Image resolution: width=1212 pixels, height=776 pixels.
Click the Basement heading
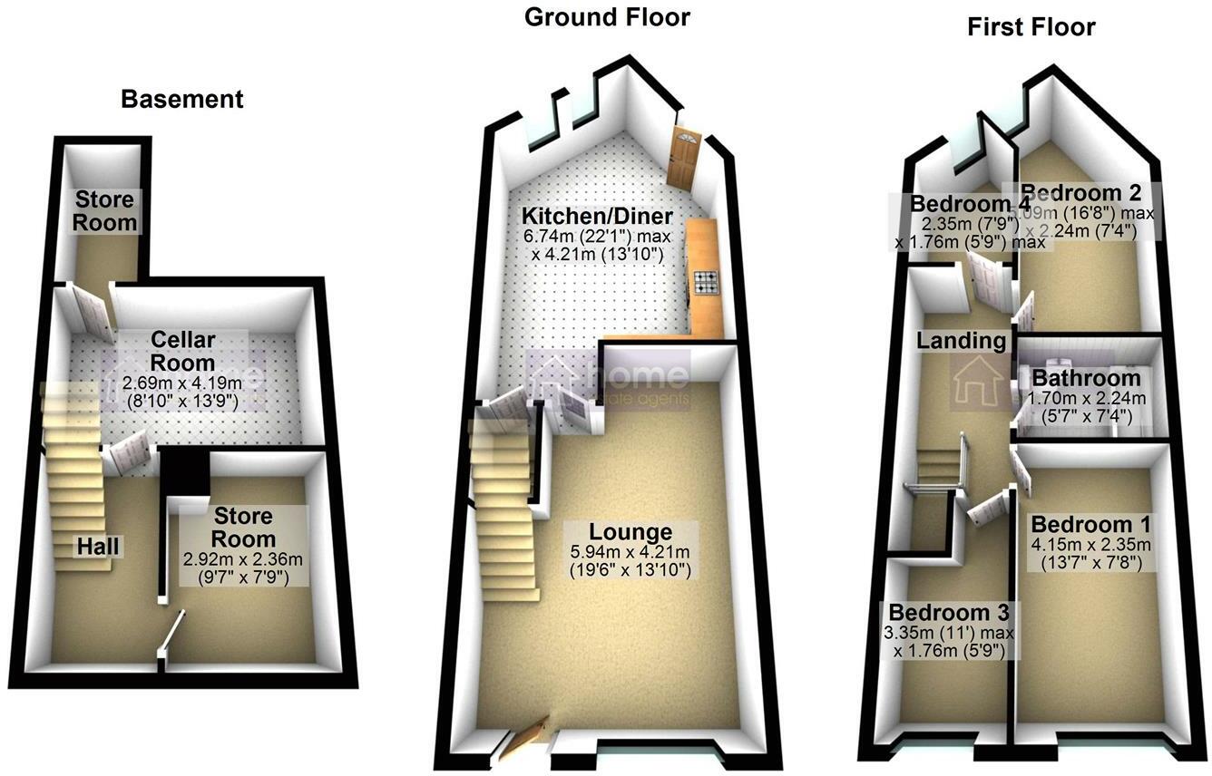click(x=182, y=99)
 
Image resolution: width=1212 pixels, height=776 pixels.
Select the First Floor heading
click(x=1031, y=27)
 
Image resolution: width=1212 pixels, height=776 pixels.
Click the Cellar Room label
click(x=183, y=350)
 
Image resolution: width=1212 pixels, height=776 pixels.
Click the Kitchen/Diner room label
click(x=596, y=217)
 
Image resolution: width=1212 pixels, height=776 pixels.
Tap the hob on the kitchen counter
click(x=704, y=283)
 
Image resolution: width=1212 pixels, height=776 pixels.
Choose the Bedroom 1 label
click(x=1090, y=524)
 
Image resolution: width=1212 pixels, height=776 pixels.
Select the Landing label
click(x=961, y=341)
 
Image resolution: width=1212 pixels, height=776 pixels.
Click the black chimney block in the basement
click(x=185, y=476)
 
